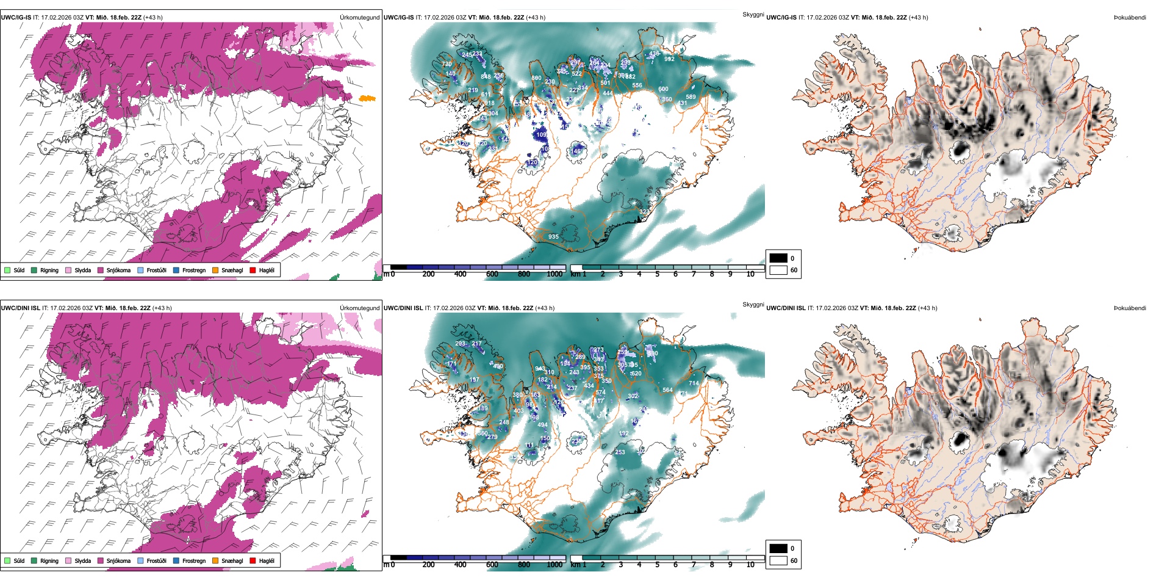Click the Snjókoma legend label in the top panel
(x=118, y=270)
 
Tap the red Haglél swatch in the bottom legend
(x=253, y=560)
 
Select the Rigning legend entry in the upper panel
(x=49, y=270)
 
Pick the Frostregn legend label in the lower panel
(x=193, y=560)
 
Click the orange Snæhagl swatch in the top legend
(x=215, y=270)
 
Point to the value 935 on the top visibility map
(x=553, y=237)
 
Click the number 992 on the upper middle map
(x=669, y=59)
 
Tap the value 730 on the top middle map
(x=447, y=64)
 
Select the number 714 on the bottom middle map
(x=694, y=383)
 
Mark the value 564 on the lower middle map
(x=667, y=390)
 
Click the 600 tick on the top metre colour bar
(x=492, y=274)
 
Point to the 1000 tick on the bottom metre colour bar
(x=554, y=565)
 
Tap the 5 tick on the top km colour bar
(x=657, y=274)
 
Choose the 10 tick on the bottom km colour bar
(x=750, y=565)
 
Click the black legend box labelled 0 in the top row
(x=778, y=258)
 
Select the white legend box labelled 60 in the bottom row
(x=778, y=560)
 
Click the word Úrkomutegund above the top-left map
(x=359, y=18)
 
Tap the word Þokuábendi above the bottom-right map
(x=1130, y=308)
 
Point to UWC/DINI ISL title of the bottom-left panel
(x=20, y=308)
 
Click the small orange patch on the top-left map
(x=367, y=98)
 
